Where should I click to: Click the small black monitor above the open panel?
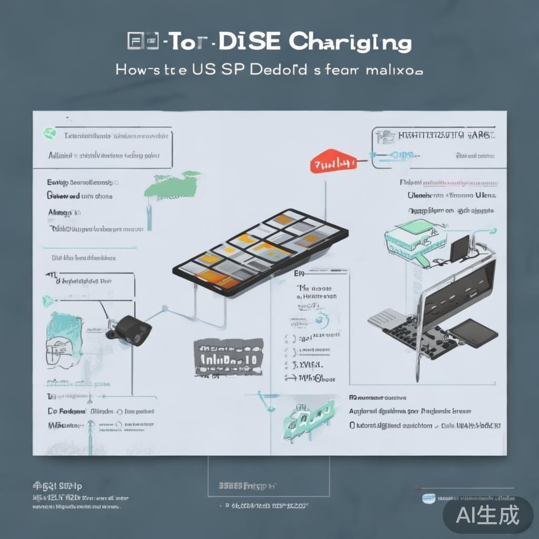coord(459,248)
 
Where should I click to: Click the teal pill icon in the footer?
coord(429,497)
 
